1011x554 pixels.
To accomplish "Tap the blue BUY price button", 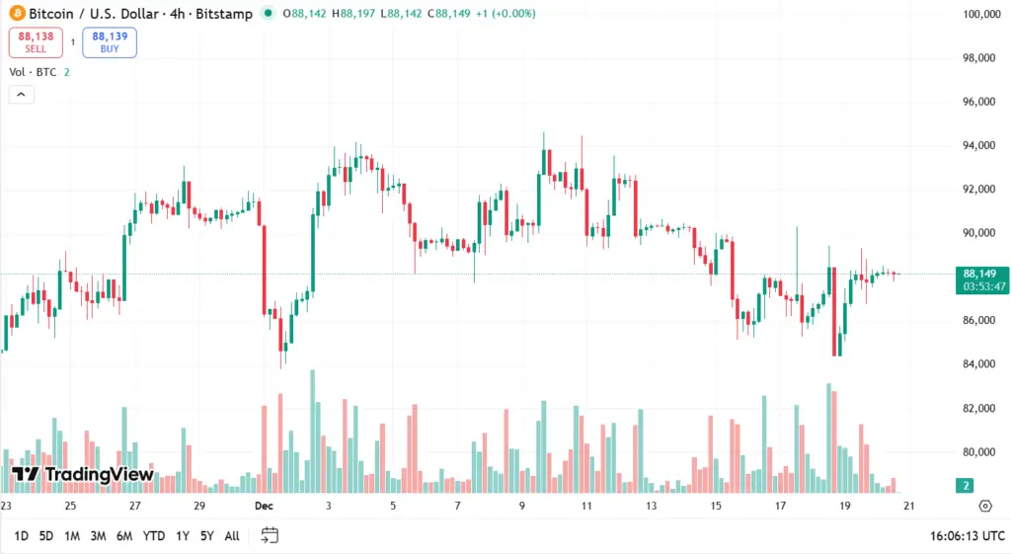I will [x=110, y=41].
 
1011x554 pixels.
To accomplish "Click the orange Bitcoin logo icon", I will [x=14, y=14].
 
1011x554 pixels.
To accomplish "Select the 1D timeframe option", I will [x=21, y=535].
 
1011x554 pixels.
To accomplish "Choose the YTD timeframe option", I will [x=153, y=535].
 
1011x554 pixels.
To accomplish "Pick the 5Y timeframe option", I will [x=206, y=535].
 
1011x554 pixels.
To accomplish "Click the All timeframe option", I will [x=232, y=535].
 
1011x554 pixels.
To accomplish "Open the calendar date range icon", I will [x=270, y=535].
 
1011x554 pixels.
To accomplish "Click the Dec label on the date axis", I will [x=263, y=506].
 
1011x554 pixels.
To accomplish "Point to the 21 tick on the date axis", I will [x=909, y=506].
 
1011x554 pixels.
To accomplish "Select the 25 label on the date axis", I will [x=70, y=506].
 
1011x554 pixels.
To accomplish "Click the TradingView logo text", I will [x=84, y=474].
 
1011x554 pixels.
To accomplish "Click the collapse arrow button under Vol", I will [x=21, y=95].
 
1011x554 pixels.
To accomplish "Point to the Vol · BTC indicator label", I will [x=33, y=71].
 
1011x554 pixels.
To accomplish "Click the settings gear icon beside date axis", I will [x=984, y=506].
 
